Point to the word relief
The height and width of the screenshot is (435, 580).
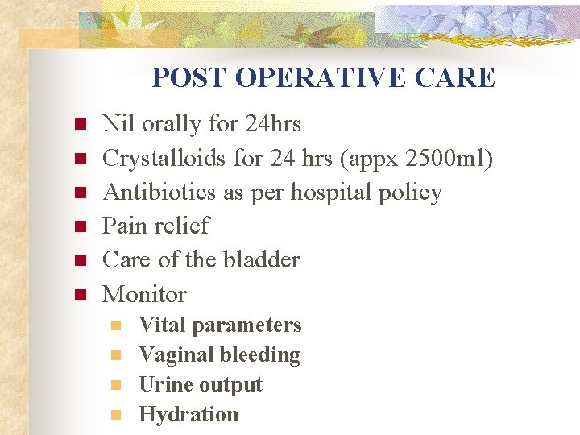point(183,226)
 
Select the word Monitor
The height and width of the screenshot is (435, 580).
point(144,294)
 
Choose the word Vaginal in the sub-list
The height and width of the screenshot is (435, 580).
point(172,355)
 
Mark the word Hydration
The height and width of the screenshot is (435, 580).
point(188,415)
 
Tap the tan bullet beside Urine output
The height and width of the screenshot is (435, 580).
point(116,385)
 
